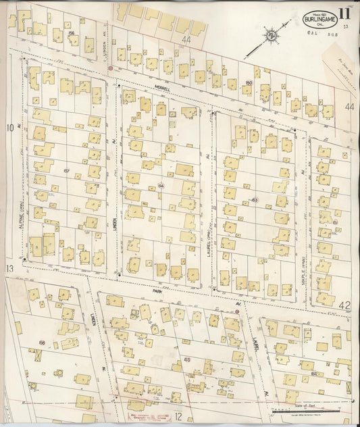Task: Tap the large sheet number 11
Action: point(345,13)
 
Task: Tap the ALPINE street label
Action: point(23,201)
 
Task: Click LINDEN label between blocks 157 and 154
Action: point(115,222)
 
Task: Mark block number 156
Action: point(72,32)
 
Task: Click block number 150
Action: point(249,83)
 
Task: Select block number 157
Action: point(66,170)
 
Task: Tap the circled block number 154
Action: point(161,184)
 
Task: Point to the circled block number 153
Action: point(255,200)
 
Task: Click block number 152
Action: point(315,373)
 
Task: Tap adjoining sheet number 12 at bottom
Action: point(179,418)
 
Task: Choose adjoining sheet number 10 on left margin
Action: point(9,127)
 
